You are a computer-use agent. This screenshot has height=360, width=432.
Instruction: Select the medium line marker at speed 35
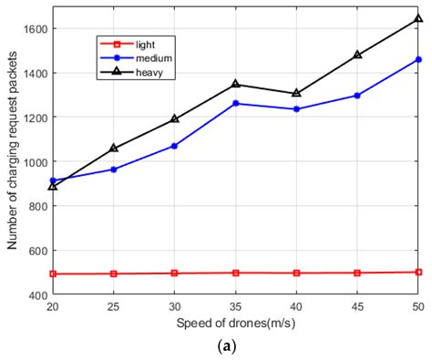236,103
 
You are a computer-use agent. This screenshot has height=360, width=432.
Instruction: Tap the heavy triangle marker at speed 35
236,84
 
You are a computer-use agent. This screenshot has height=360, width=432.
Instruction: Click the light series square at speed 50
418,272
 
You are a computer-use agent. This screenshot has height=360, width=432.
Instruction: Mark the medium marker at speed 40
297,109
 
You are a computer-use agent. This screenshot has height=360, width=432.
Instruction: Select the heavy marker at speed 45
357,55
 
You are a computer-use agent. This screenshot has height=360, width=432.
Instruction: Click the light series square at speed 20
54,273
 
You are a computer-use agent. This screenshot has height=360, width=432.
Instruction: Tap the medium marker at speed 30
175,146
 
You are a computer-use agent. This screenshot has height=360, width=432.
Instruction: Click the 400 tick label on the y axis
37,294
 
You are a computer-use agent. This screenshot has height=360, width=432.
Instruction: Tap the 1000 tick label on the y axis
35,161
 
